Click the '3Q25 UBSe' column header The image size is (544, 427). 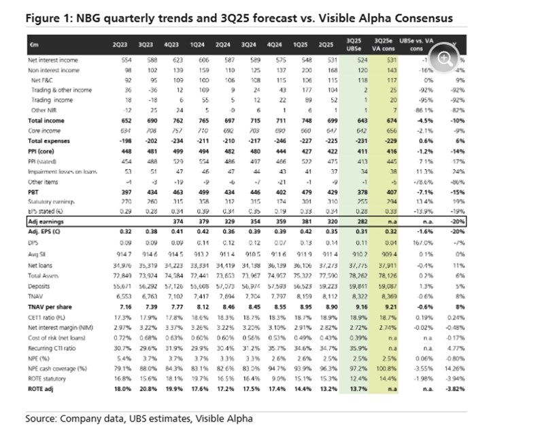tap(354, 44)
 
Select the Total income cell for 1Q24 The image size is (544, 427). tap(199, 120)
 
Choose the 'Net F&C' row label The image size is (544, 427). tap(42, 80)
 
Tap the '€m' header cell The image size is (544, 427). tap(33, 44)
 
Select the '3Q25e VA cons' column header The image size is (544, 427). tap(387, 44)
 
